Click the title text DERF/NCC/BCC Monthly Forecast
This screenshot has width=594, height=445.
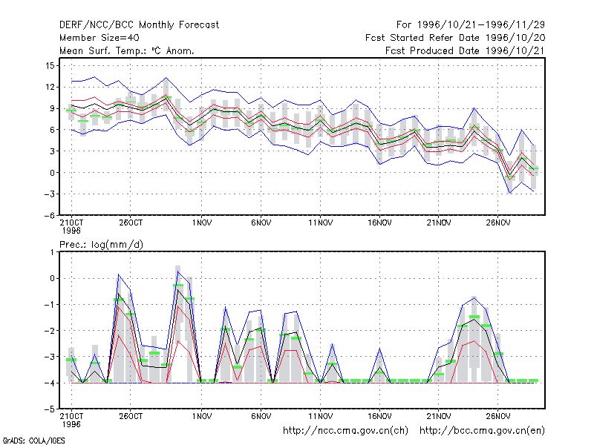[x=139, y=25]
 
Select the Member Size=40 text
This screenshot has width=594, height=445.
[x=99, y=38]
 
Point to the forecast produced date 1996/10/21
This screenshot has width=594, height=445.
[x=465, y=50]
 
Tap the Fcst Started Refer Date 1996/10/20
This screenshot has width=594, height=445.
[x=455, y=38]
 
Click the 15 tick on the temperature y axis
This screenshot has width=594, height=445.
[x=50, y=66]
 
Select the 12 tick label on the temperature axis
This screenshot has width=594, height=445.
[x=50, y=88]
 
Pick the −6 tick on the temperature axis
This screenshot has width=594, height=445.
[x=49, y=216]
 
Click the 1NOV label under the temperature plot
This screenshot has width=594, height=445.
[x=201, y=223]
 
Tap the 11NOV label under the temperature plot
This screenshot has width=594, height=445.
[x=320, y=223]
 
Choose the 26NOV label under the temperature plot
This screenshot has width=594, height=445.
[x=497, y=223]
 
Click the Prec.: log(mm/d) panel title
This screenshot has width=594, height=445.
[x=101, y=245]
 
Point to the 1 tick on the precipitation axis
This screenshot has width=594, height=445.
[x=52, y=252]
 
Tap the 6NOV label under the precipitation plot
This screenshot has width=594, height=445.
[x=261, y=416]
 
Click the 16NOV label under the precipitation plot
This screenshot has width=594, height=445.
[x=379, y=416]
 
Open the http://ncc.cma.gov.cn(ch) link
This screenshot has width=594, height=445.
[x=345, y=431]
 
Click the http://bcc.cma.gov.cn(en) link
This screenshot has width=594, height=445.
[x=482, y=431]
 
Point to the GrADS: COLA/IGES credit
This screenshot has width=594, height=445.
[x=33, y=441]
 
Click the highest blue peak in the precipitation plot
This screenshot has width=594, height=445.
[x=178, y=271]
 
